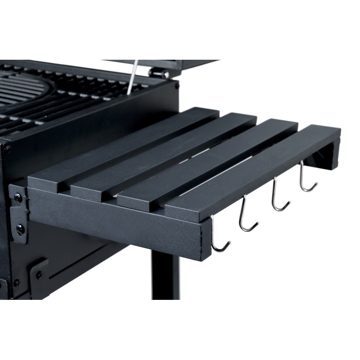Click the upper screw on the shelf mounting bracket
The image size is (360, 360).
(x=18, y=197)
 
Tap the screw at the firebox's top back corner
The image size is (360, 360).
(x=177, y=86)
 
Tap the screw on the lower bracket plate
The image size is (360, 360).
(x=39, y=274)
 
